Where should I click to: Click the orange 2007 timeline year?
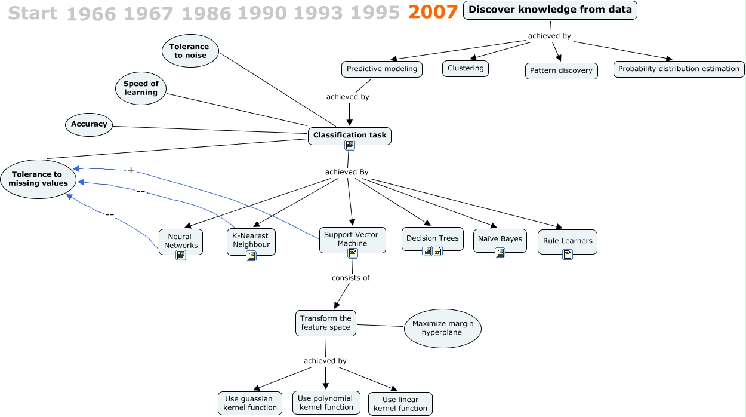pyautogui.click(x=433, y=12)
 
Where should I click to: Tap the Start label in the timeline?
pyautogui.click(x=33, y=13)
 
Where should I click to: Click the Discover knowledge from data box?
pyautogui.click(x=550, y=10)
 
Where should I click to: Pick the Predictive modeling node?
pyautogui.click(x=382, y=69)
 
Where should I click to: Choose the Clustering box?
pyautogui.click(x=466, y=68)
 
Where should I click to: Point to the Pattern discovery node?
pyautogui.click(x=561, y=70)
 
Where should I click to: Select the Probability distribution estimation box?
pyautogui.click(x=679, y=69)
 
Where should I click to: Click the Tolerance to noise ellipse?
pyautogui.click(x=189, y=51)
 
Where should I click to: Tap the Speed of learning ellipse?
pyautogui.click(x=141, y=88)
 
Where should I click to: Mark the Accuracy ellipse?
pyautogui.click(x=89, y=124)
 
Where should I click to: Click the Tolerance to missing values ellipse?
pyautogui.click(x=39, y=179)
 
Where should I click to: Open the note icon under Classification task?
pyautogui.click(x=350, y=145)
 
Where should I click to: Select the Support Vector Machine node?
pyautogui.click(x=352, y=239)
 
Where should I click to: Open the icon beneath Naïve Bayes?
pyautogui.click(x=500, y=253)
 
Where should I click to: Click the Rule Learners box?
pyautogui.click(x=567, y=241)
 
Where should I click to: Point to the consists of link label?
pyautogui.click(x=351, y=278)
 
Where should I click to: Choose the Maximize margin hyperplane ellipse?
pyautogui.click(x=442, y=328)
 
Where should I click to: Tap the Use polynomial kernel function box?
pyautogui.click(x=325, y=403)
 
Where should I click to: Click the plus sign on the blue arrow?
pyautogui.click(x=131, y=170)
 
